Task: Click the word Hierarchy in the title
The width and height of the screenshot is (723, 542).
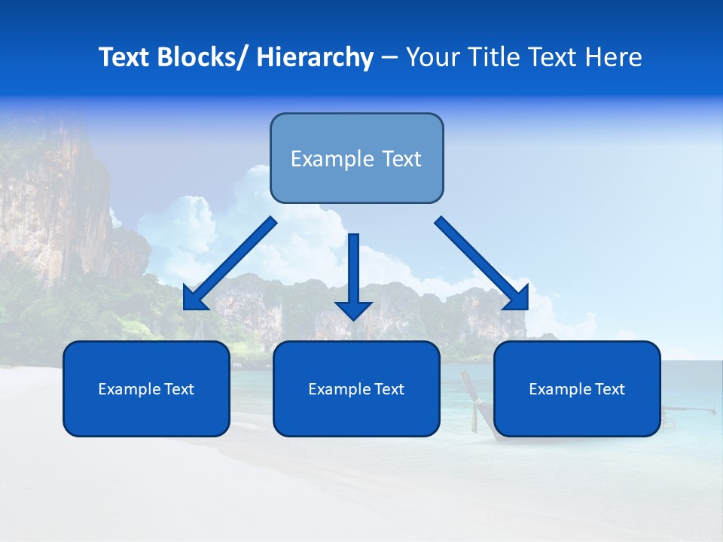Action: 315,57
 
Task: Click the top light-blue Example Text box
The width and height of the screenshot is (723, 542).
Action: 356,158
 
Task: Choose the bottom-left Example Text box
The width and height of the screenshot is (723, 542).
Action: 146,388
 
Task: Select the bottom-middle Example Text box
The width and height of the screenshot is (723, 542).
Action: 356,388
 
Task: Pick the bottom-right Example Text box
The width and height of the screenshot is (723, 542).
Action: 577,388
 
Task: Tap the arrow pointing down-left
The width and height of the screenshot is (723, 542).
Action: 230,263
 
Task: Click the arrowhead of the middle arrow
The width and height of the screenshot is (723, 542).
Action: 354,309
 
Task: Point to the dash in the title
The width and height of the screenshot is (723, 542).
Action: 389,58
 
